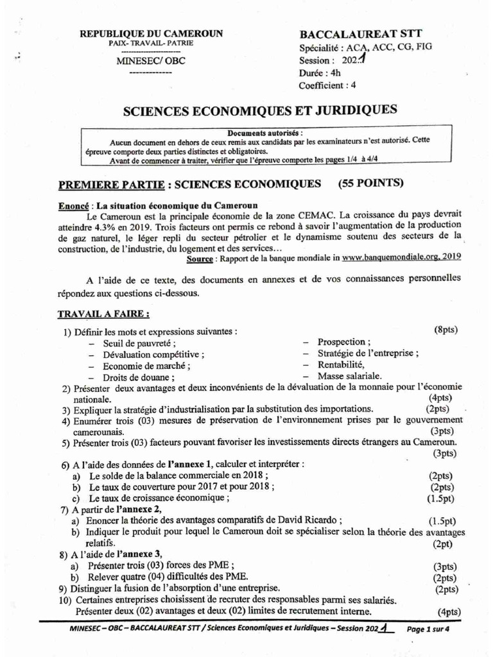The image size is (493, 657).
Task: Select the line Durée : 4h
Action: point(320,73)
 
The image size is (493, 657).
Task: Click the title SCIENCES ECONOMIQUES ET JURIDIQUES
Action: point(260,110)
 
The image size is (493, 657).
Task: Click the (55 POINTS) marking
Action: point(371,183)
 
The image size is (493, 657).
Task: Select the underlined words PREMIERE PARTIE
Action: point(111,185)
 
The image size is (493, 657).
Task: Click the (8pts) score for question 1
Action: point(445,330)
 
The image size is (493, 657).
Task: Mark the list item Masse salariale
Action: point(349,375)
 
